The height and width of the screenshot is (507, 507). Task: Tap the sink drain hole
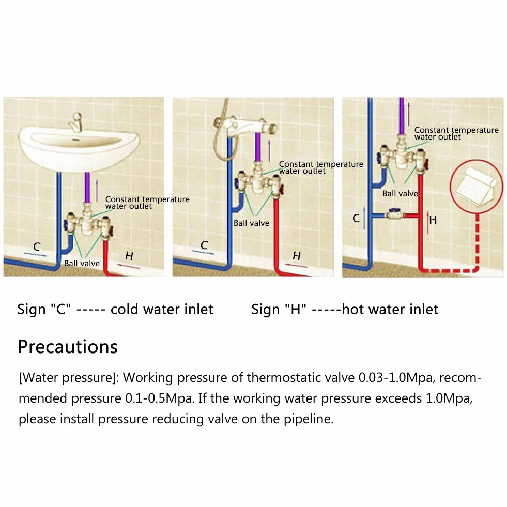76,140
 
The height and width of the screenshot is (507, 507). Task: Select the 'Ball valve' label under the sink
82,264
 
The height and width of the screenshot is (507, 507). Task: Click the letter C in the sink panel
37,247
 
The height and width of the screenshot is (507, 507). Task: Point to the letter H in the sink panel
129,256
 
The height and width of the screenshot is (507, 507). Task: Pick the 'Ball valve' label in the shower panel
251,223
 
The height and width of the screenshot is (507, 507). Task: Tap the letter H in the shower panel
297,256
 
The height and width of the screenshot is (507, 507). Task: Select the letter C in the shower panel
204,245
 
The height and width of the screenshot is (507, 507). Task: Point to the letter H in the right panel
433,220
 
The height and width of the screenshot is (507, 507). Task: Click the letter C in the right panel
356,218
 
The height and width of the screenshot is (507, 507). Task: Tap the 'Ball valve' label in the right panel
401,194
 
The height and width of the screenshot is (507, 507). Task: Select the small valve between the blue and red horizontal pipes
394,214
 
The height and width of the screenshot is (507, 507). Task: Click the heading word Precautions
68,347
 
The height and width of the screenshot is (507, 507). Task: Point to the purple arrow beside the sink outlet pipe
97,191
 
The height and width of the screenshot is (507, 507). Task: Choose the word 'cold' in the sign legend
125,310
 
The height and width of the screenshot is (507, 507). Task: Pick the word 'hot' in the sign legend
353,310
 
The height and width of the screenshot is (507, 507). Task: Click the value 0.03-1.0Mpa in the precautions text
396,378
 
